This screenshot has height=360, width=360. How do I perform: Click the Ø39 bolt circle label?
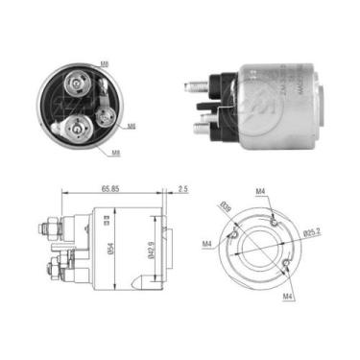pyautogui.click(x=225, y=205)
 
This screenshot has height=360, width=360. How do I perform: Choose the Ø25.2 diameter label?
pyautogui.click(x=311, y=232)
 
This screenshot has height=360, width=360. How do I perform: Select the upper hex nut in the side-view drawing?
pyautogui.click(x=45, y=230)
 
